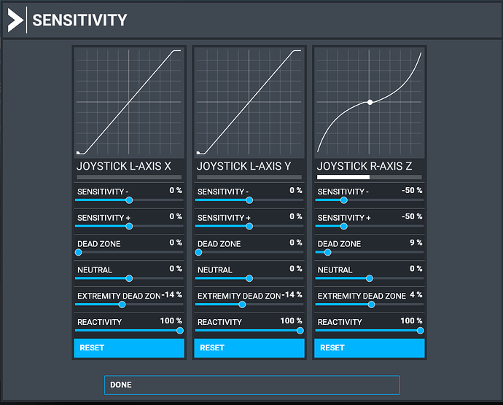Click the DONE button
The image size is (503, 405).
(x=251, y=385)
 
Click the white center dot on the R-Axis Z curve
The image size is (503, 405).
(x=370, y=102)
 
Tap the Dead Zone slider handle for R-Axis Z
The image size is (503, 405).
(x=328, y=252)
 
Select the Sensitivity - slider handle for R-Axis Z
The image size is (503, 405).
(x=344, y=200)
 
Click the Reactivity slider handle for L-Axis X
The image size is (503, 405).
(x=180, y=330)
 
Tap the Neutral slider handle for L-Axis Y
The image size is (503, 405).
(x=249, y=278)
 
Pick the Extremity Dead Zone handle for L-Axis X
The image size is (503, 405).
(x=122, y=304)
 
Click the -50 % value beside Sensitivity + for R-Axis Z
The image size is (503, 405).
(x=412, y=217)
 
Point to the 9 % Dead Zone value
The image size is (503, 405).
(x=416, y=243)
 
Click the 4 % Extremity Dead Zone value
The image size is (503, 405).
(x=416, y=295)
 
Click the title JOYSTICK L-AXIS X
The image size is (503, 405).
(x=124, y=166)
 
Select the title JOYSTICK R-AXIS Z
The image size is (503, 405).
(x=364, y=166)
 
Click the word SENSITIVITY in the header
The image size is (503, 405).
(x=79, y=20)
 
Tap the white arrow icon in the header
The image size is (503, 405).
(x=15, y=20)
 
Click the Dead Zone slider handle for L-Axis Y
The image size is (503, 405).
(x=198, y=252)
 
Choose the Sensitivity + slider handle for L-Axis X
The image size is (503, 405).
(x=129, y=226)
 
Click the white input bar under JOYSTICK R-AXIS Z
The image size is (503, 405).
(x=343, y=177)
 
